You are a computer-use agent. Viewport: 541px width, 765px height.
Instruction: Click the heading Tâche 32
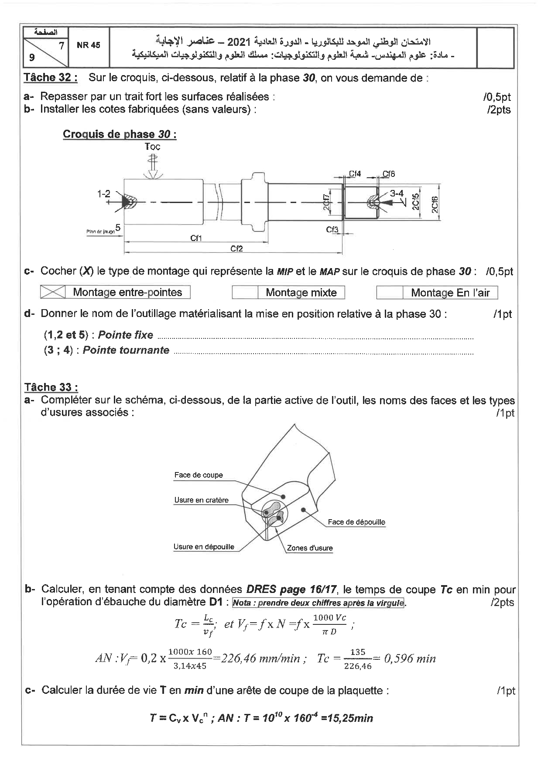point(51,78)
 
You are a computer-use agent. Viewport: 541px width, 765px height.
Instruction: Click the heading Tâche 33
point(51,387)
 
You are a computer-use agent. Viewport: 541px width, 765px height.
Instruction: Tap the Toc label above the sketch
point(152,147)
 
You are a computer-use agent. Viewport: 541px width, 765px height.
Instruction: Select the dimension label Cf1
point(196,238)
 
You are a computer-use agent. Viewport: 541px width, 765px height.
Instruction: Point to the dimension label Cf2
point(236,248)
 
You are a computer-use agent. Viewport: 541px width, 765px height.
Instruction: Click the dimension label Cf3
point(332,229)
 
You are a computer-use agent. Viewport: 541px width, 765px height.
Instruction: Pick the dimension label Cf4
point(355,174)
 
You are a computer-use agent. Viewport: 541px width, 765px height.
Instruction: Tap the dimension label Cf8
point(389,174)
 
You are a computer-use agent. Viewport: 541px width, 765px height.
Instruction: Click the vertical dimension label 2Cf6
point(435,204)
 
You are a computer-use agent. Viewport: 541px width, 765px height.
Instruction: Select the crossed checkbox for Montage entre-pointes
point(53,292)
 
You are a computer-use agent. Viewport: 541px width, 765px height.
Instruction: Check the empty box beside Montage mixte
point(245,293)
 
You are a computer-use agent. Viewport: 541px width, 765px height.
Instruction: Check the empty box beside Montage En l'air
point(389,293)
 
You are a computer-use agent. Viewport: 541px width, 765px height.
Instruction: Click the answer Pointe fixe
point(126,335)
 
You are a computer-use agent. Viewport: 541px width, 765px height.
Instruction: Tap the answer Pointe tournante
point(126,350)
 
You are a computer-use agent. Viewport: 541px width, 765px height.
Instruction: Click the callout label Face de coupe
point(199,475)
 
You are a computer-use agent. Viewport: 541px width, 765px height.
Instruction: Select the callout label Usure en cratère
point(201,500)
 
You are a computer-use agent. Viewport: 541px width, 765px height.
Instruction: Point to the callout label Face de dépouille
point(356,522)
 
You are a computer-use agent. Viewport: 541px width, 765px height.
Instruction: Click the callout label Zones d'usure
point(310,548)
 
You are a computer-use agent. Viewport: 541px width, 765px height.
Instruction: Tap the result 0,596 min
point(410,659)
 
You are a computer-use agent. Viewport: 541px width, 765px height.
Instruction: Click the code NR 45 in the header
point(88,45)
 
